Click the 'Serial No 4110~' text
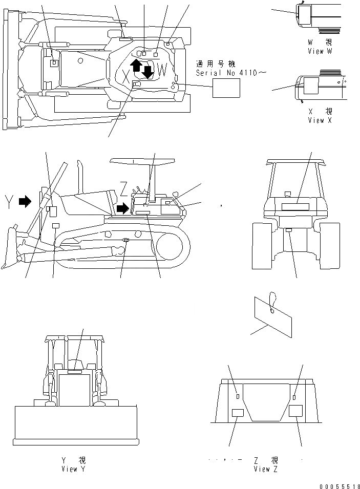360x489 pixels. pos(231,73)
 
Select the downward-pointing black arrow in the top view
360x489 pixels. pos(147,72)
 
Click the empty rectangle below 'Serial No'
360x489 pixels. pos(227,90)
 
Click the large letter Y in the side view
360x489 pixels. pos(7,200)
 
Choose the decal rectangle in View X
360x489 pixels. pos(311,86)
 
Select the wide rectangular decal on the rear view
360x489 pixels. pos(295,206)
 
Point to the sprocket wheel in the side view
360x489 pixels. pos(170,248)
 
